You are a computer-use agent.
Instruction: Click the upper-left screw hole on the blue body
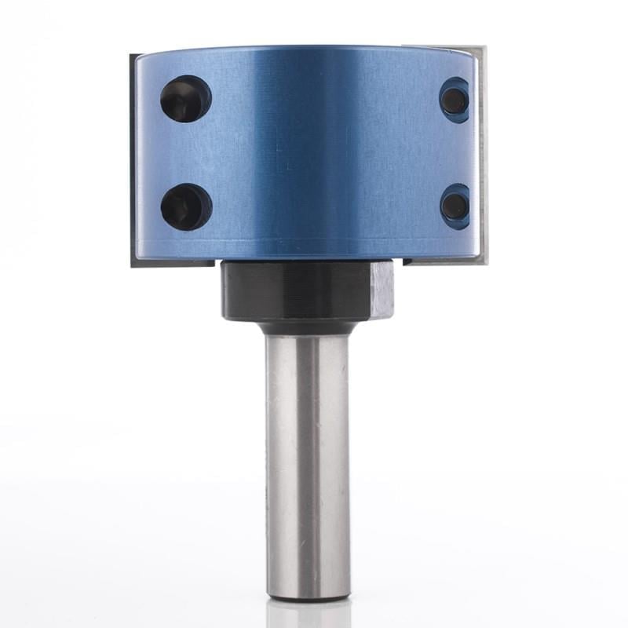tap(186, 98)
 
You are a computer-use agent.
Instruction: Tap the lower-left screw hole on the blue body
tap(186, 206)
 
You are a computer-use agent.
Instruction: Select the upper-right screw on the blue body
tap(455, 100)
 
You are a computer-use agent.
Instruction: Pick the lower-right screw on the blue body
tap(455, 206)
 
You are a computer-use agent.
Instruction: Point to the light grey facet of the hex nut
tap(382, 290)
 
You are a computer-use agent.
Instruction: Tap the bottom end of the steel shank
tap(307, 597)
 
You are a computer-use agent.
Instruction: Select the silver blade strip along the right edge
tap(481, 157)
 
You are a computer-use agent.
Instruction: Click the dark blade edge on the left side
tap(133, 157)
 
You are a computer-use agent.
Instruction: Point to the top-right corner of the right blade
tap(484, 49)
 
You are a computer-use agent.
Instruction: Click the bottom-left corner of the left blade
tap(133, 265)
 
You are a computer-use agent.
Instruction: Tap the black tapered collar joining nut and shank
tap(306, 327)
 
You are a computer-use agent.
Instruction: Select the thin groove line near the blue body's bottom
tap(306, 238)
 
